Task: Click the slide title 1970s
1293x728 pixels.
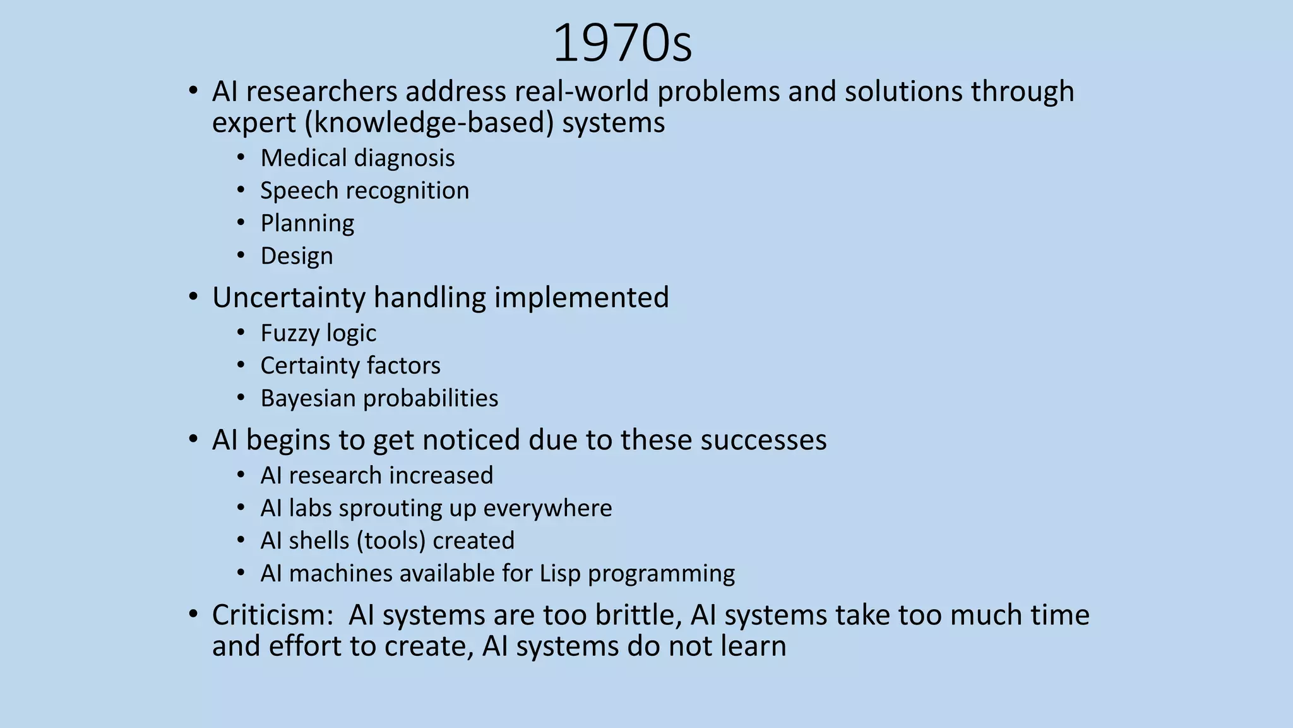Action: coord(622,43)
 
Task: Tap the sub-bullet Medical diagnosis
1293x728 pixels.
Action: coord(357,158)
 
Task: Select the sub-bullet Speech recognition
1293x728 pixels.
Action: coord(364,191)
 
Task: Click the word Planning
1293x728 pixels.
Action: coord(307,224)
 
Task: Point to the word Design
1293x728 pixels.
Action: coord(297,256)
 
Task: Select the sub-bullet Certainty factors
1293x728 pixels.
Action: coord(350,366)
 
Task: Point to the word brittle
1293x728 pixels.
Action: coord(638,615)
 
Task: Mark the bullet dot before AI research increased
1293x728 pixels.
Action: coord(241,475)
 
